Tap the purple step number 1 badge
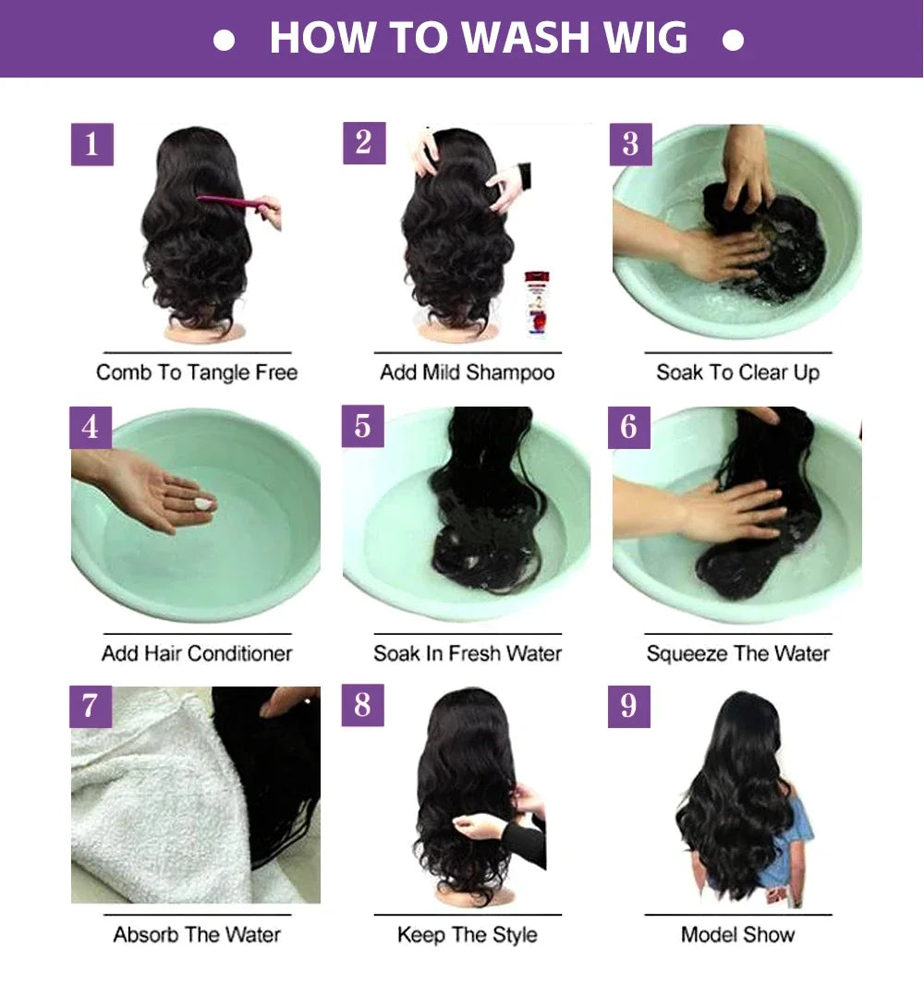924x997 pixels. [x=91, y=145]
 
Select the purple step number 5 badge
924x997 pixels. [x=362, y=426]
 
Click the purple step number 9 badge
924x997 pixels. [x=628, y=706]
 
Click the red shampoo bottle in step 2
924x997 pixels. [x=536, y=303]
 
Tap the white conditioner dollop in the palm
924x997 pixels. [x=202, y=504]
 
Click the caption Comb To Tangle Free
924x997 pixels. [x=197, y=372]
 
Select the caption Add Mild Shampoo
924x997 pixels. [x=467, y=372]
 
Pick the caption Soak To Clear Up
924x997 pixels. [x=737, y=372]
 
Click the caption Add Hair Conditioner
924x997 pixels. [x=197, y=653]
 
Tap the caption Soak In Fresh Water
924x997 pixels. [x=467, y=653]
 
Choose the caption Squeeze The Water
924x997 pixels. [x=737, y=653]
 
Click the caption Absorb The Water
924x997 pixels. [x=197, y=934]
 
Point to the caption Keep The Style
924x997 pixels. [x=467, y=934]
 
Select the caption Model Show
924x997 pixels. [x=737, y=934]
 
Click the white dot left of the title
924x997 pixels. [x=224, y=41]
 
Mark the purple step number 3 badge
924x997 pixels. [x=630, y=145]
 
